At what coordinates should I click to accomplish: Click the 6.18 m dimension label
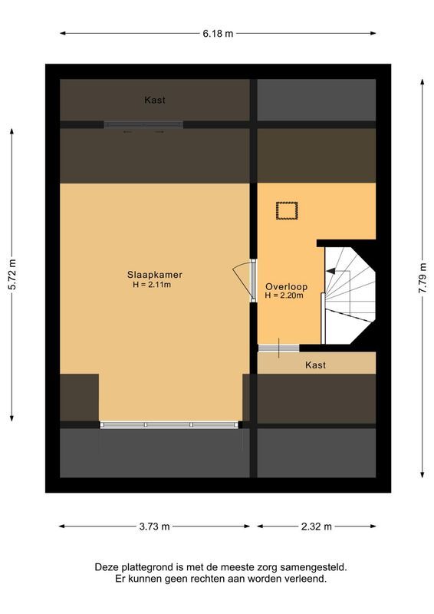tap(217, 33)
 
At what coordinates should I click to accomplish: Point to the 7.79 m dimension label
tap(422, 276)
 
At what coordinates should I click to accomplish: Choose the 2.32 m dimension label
tap(316, 527)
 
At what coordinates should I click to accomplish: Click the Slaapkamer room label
tap(155, 275)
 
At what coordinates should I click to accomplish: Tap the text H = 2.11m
tap(155, 285)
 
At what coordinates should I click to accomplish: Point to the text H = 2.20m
tap(284, 295)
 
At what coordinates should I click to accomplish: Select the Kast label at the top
tap(155, 100)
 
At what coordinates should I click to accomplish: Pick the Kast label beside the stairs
tap(315, 365)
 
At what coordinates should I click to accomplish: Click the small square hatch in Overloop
tap(287, 210)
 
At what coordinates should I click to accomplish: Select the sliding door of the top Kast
tap(144, 124)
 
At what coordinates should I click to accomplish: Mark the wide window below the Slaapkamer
tap(169, 424)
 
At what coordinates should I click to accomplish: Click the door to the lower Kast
tap(278, 348)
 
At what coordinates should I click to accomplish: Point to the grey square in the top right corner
tap(316, 100)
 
